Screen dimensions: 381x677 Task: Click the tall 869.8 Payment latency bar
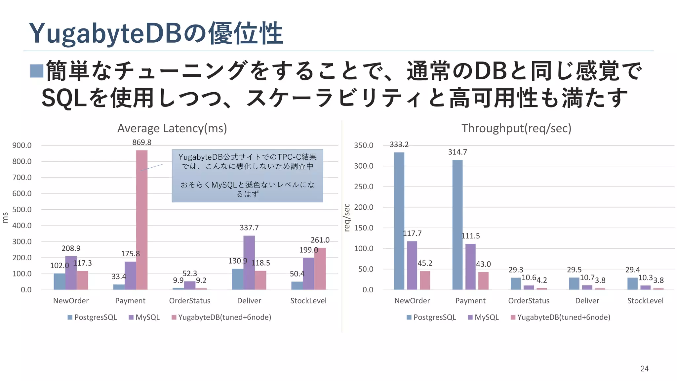tap(142, 220)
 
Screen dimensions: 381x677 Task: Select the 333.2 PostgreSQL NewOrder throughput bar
tap(399, 221)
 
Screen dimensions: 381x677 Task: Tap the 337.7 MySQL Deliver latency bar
tap(249, 263)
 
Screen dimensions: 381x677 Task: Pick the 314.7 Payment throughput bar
tap(458, 225)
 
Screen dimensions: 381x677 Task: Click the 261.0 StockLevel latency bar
tap(320, 269)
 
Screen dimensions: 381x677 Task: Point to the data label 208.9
tap(71, 248)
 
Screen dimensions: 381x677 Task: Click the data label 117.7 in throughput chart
tap(412, 233)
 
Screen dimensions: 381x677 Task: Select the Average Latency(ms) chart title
tap(172, 128)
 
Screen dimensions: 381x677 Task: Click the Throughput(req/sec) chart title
tap(516, 128)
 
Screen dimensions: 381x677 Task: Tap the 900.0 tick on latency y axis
tap(22, 146)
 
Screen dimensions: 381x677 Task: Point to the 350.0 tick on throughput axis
tap(363, 146)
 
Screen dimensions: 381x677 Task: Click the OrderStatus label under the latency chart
tap(189, 301)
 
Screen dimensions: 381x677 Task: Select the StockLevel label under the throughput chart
tap(645, 301)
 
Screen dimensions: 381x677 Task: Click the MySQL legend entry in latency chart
tap(144, 317)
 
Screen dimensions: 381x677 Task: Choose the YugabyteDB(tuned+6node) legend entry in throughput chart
tap(560, 317)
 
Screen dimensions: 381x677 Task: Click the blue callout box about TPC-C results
tap(247, 176)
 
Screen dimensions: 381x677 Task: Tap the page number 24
tap(644, 369)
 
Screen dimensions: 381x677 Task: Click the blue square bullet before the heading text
tap(37, 71)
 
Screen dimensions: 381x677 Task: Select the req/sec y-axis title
tap(347, 218)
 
